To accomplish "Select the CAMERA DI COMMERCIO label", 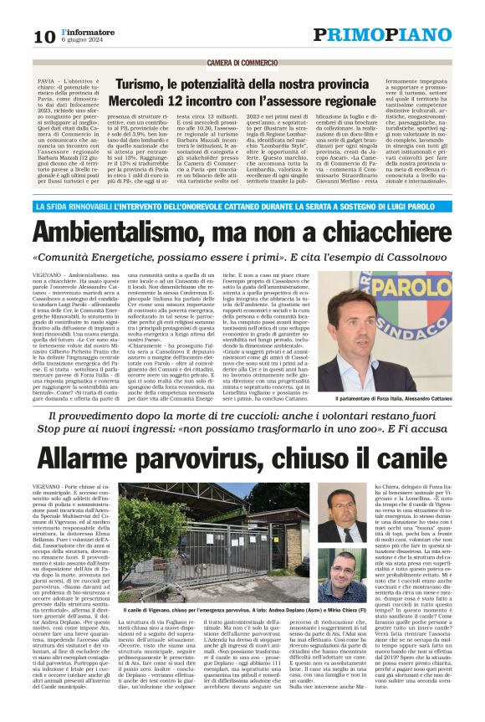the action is click(x=242, y=63).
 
